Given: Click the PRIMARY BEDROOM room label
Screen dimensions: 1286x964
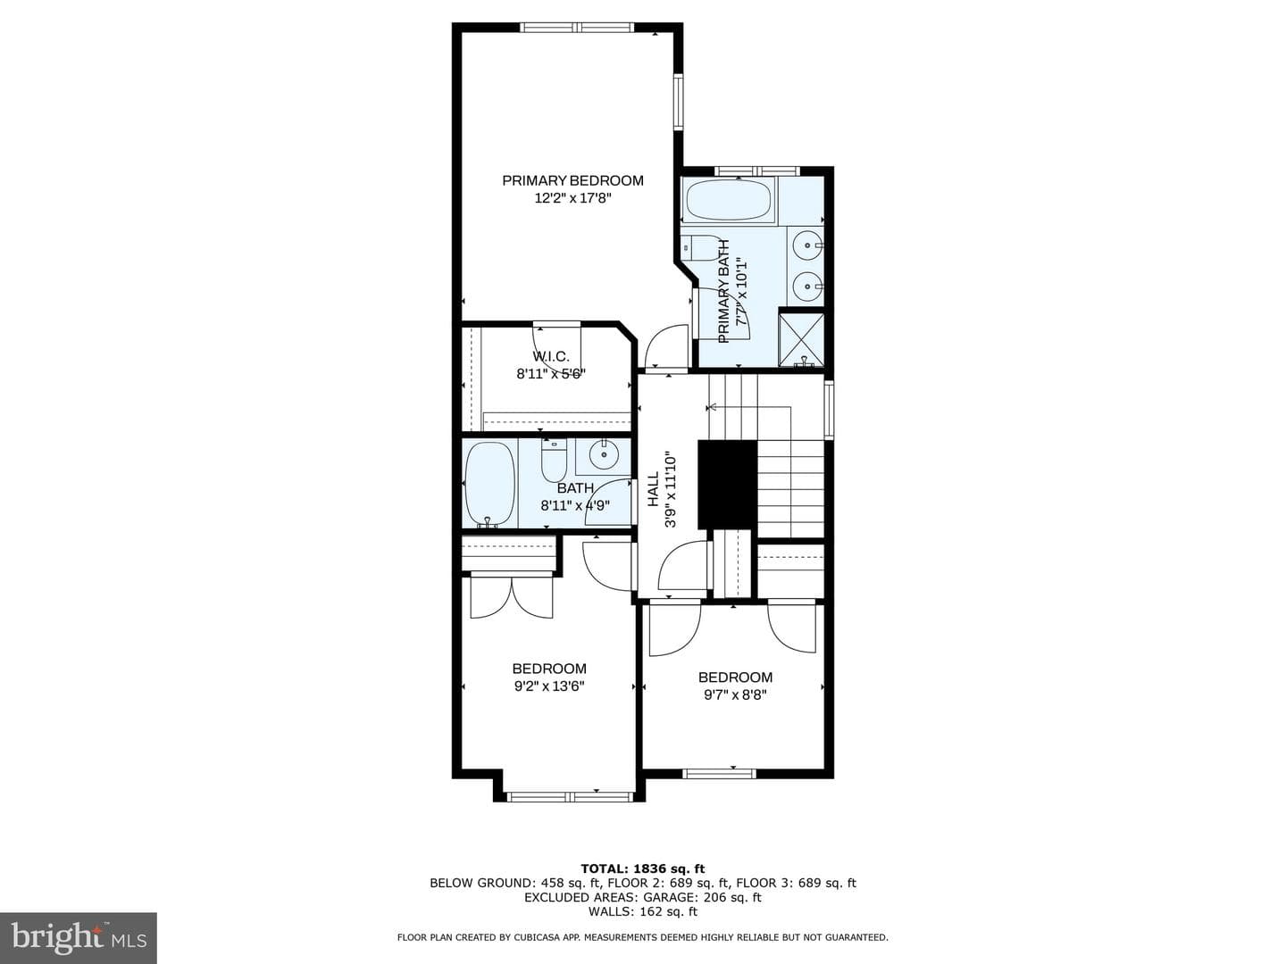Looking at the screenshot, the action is pyautogui.click(x=572, y=180).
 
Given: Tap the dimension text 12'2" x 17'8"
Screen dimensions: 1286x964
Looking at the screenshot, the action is pyautogui.click(x=572, y=198).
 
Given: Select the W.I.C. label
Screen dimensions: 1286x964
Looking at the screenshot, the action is pyautogui.click(x=551, y=356).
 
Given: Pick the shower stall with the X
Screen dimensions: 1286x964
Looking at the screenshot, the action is pyautogui.click(x=801, y=340).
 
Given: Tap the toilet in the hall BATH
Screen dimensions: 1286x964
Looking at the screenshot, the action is pyautogui.click(x=554, y=461).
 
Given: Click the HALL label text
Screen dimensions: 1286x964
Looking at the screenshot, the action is pyautogui.click(x=653, y=490).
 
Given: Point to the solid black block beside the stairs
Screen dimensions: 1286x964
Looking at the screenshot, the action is pyautogui.click(x=727, y=485).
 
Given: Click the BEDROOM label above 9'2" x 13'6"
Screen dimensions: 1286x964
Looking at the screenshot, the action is pyautogui.click(x=549, y=669).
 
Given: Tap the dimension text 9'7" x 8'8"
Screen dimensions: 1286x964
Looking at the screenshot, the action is pyautogui.click(x=735, y=694).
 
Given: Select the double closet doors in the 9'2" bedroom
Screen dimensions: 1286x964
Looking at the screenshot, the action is pyautogui.click(x=512, y=597).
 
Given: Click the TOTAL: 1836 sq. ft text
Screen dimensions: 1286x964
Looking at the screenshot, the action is pyautogui.click(x=643, y=868).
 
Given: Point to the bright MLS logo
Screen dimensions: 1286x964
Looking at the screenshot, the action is pyautogui.click(x=79, y=938).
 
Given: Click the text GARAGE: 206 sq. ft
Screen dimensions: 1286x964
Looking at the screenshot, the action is pyautogui.click(x=703, y=897).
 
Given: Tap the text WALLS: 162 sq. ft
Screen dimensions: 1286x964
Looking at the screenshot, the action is pyautogui.click(x=643, y=912).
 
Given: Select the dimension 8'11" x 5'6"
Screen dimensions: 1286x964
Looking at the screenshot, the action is pyautogui.click(x=551, y=374).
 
